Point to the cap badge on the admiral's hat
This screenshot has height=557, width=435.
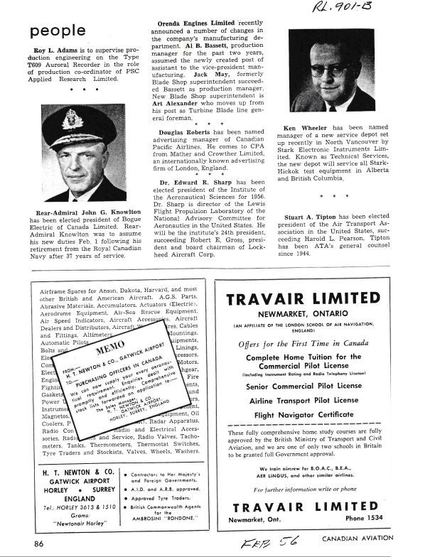point(73,119)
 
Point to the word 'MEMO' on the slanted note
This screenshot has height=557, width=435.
point(109,352)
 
